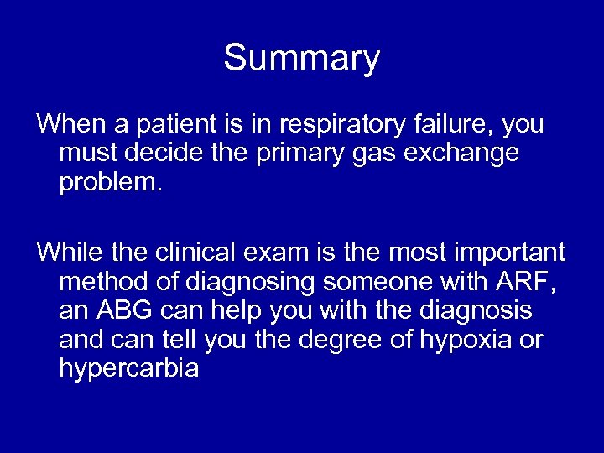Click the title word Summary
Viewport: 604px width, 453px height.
(x=301, y=59)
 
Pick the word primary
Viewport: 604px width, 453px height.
(x=284, y=154)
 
